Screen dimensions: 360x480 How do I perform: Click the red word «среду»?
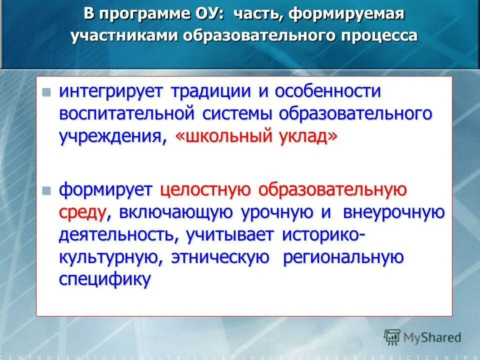pyautogui.click(x=82, y=213)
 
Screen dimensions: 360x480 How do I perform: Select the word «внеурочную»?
pyautogui.click(x=394, y=212)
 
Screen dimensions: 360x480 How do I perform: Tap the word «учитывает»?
pyautogui.click(x=228, y=234)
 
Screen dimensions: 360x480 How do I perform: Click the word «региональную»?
pyautogui.click(x=343, y=257)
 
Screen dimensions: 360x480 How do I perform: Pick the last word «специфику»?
pyautogui.click(x=104, y=279)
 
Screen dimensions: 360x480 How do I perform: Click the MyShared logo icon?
pyautogui.click(x=392, y=336)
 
